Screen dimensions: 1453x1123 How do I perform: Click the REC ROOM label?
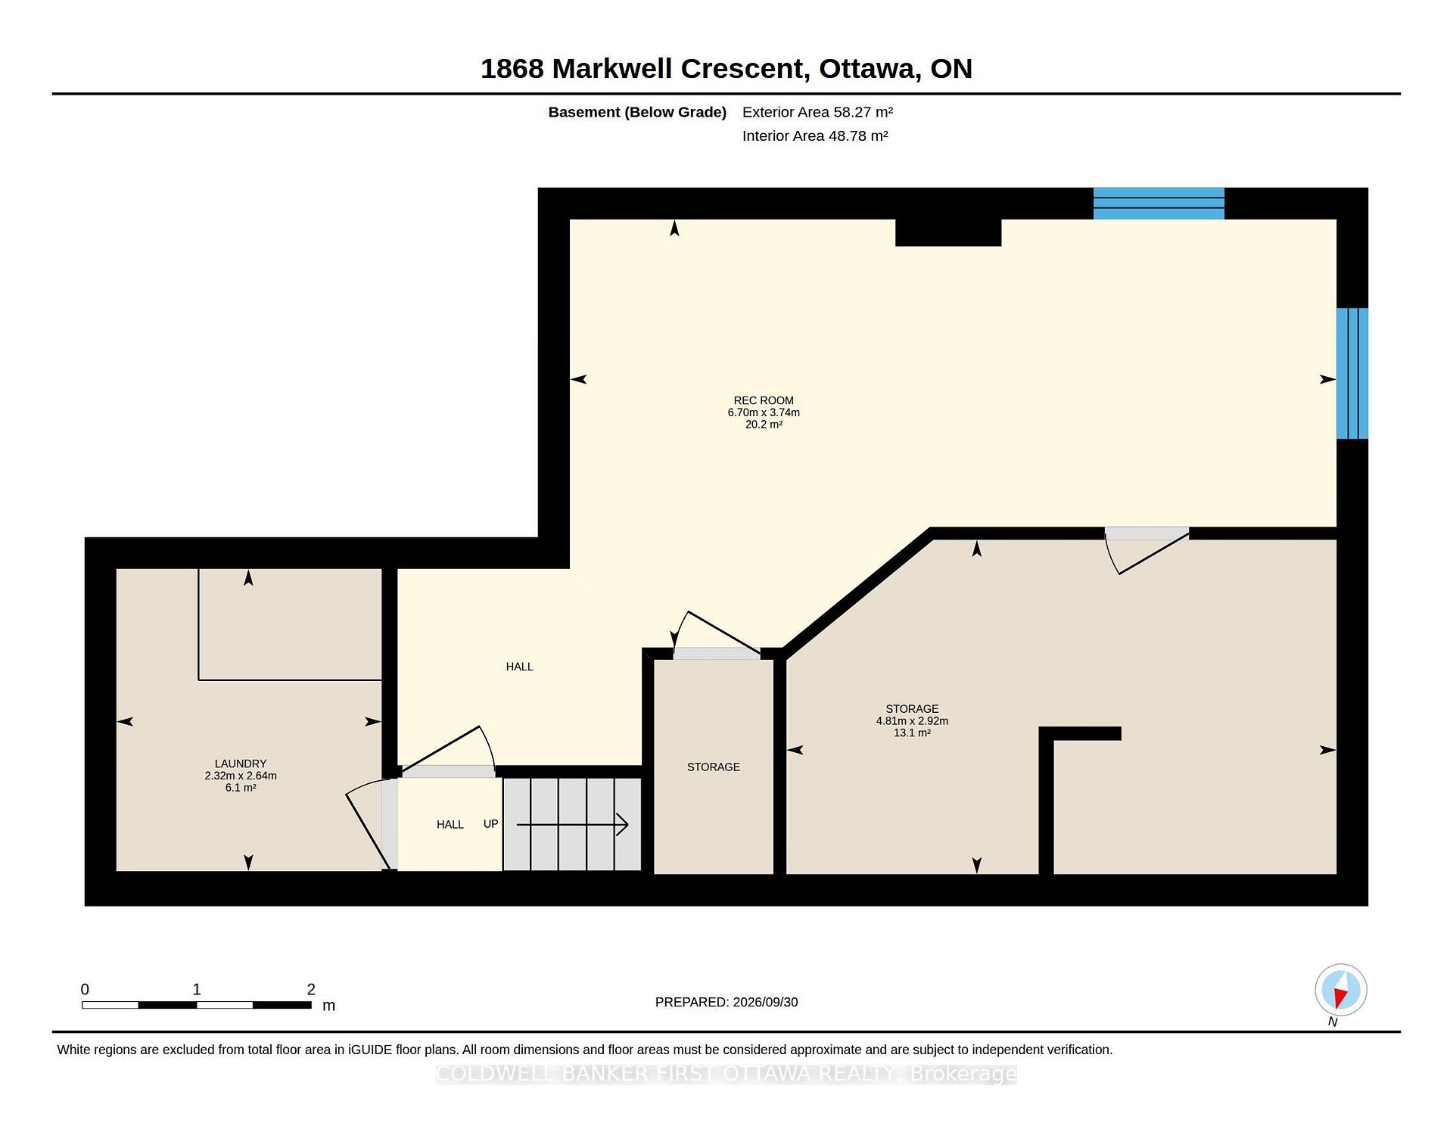tap(764, 400)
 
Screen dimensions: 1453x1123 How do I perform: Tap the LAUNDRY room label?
tap(241, 764)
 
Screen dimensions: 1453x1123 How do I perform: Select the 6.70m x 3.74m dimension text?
tap(764, 412)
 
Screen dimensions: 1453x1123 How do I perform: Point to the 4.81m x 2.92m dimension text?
tap(912, 721)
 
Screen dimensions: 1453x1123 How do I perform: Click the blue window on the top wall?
tap(1159, 204)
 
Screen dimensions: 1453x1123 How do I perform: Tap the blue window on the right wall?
tap(1352, 373)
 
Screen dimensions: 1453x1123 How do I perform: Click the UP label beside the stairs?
tap(490, 823)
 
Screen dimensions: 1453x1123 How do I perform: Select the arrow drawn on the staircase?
tap(572, 824)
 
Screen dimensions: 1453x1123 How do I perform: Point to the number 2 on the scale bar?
tap(311, 989)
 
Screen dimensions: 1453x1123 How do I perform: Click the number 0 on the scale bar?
tap(85, 989)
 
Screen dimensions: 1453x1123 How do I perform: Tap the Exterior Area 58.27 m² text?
tap(817, 112)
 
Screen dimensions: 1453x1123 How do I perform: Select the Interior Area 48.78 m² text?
tap(815, 135)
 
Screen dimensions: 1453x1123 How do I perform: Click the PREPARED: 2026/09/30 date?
tap(726, 1002)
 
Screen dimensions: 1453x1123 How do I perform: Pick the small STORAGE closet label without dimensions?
tap(714, 767)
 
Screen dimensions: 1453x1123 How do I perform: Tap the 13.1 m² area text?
tap(912, 733)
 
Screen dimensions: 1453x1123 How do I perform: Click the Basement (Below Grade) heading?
tap(637, 112)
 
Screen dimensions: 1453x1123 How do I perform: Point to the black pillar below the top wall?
tap(948, 232)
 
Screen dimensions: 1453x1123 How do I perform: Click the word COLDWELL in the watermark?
tap(491, 1074)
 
